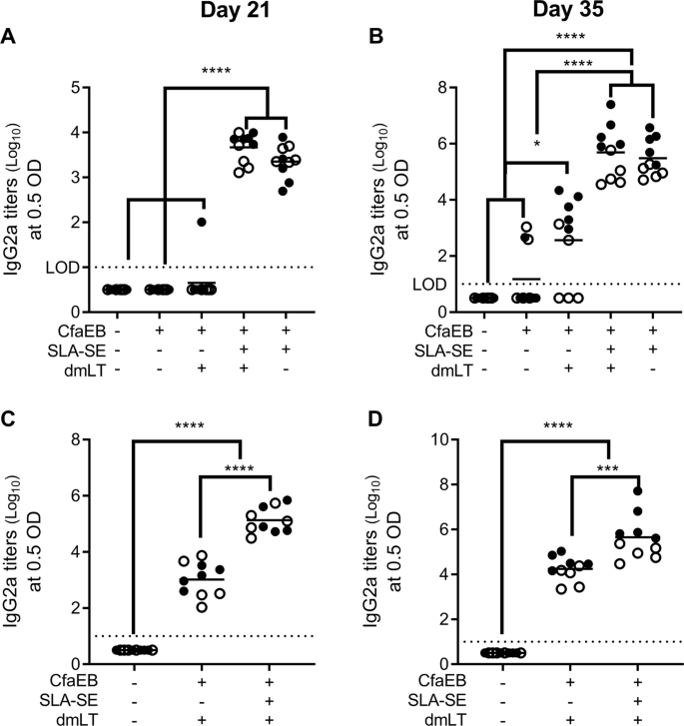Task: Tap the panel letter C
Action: tap(9, 406)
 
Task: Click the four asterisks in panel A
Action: tap(215, 72)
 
